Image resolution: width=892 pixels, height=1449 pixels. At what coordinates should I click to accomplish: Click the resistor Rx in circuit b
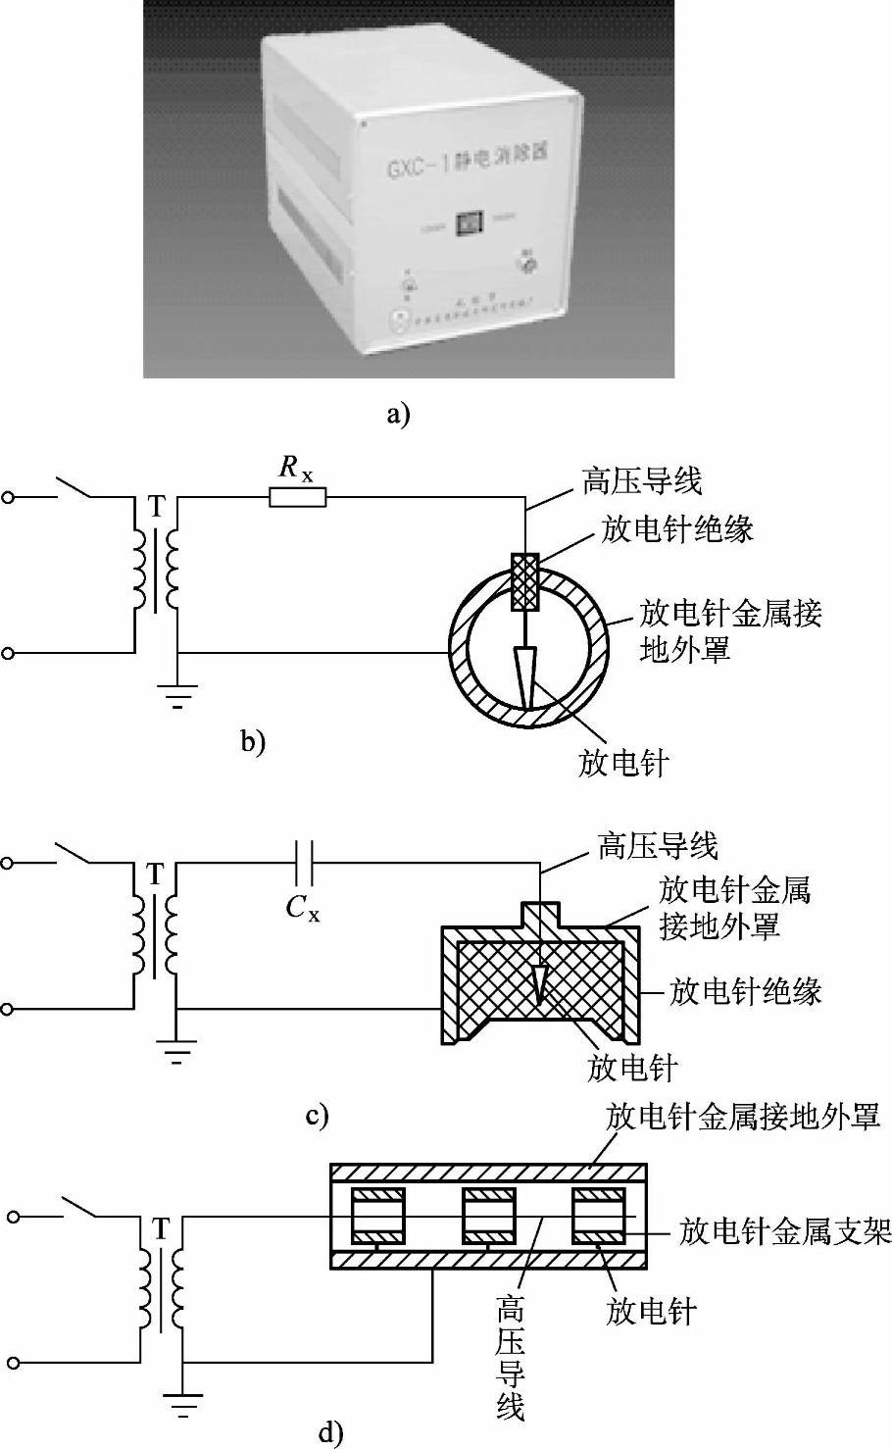click(298, 498)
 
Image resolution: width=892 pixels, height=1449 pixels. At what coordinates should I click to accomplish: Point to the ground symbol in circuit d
click(182, 1405)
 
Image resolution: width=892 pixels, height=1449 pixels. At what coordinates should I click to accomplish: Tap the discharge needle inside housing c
click(538, 979)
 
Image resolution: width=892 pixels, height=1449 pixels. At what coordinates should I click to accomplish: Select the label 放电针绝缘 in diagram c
click(745, 991)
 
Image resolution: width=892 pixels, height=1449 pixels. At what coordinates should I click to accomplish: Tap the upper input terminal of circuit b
click(8, 497)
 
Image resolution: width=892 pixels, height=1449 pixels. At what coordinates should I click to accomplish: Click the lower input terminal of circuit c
click(8, 1008)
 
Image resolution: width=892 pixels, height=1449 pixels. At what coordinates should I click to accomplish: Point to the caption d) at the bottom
click(331, 1434)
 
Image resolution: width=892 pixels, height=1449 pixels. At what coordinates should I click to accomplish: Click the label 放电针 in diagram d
click(651, 1310)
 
